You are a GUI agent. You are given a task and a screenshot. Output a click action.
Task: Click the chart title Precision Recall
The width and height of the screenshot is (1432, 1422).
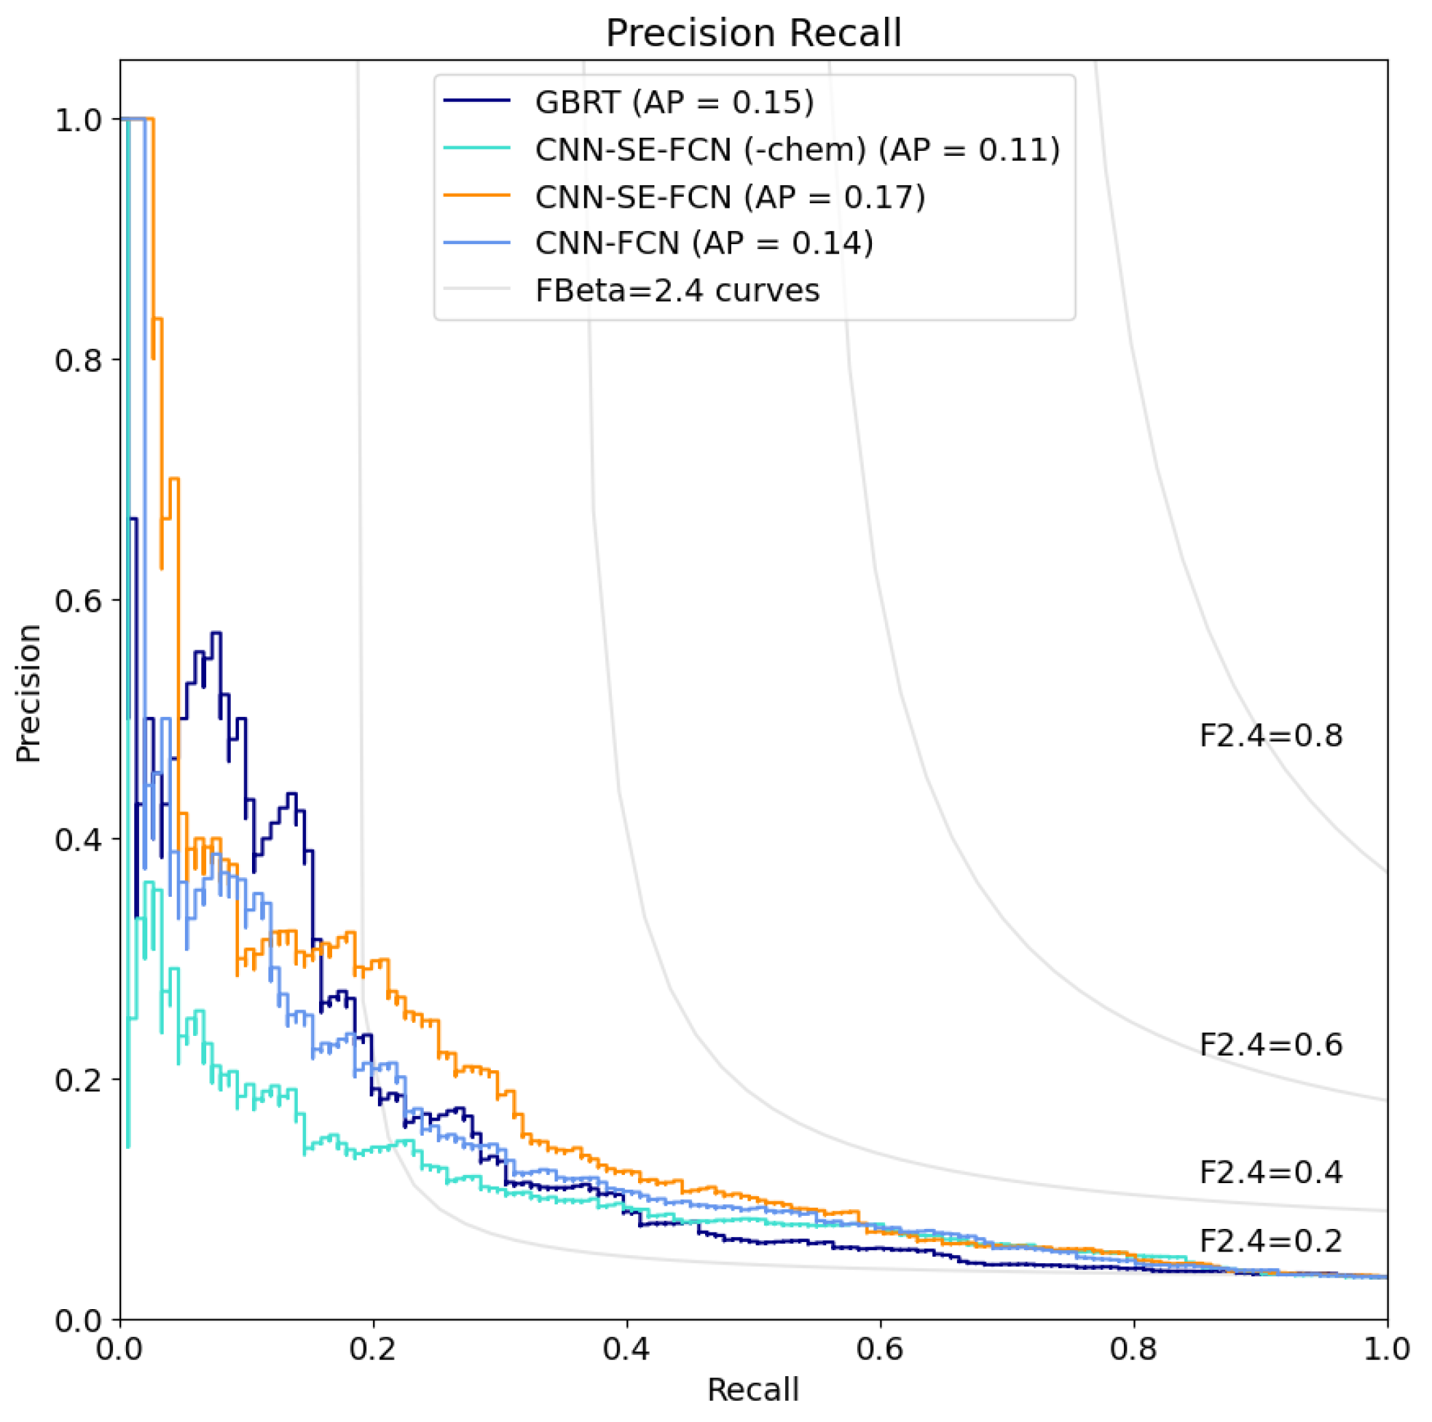(x=753, y=34)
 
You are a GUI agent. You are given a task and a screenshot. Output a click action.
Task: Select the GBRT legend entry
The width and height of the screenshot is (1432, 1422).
(x=674, y=101)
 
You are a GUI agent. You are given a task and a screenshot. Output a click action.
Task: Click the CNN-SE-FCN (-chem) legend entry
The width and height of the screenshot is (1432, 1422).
(x=797, y=149)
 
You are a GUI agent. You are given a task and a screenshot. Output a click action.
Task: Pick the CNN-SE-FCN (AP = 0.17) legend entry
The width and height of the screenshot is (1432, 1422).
(x=730, y=197)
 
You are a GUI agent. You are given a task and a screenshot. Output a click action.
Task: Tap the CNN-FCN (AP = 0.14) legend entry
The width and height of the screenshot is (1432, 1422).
(x=704, y=243)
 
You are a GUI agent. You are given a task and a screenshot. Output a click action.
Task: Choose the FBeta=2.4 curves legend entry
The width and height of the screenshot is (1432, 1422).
(x=677, y=290)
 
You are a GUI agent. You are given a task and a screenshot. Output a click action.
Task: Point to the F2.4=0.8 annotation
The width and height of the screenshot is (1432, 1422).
(x=1270, y=736)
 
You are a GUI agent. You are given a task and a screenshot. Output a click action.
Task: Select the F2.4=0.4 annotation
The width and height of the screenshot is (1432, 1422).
(x=1270, y=1172)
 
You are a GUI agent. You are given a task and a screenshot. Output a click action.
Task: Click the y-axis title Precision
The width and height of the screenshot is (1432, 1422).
(x=28, y=694)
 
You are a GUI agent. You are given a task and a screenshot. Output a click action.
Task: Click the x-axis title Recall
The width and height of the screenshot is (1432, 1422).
(x=753, y=1389)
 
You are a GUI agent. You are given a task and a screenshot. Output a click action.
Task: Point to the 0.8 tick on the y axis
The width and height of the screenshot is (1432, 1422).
(x=78, y=360)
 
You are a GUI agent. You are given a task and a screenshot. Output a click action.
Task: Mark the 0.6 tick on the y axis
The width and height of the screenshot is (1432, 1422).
(x=78, y=600)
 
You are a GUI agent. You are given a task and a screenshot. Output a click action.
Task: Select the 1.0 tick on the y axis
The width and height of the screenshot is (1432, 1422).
(x=78, y=119)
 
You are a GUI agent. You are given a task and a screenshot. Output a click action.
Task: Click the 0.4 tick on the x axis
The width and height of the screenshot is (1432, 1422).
(x=626, y=1348)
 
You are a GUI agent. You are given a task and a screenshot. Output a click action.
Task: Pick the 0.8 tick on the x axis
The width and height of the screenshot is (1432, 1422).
(x=1133, y=1348)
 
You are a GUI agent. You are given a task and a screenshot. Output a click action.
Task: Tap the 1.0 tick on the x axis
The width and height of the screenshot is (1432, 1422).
(x=1386, y=1348)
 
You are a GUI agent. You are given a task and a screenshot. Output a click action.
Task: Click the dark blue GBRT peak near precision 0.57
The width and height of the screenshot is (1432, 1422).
(x=216, y=633)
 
